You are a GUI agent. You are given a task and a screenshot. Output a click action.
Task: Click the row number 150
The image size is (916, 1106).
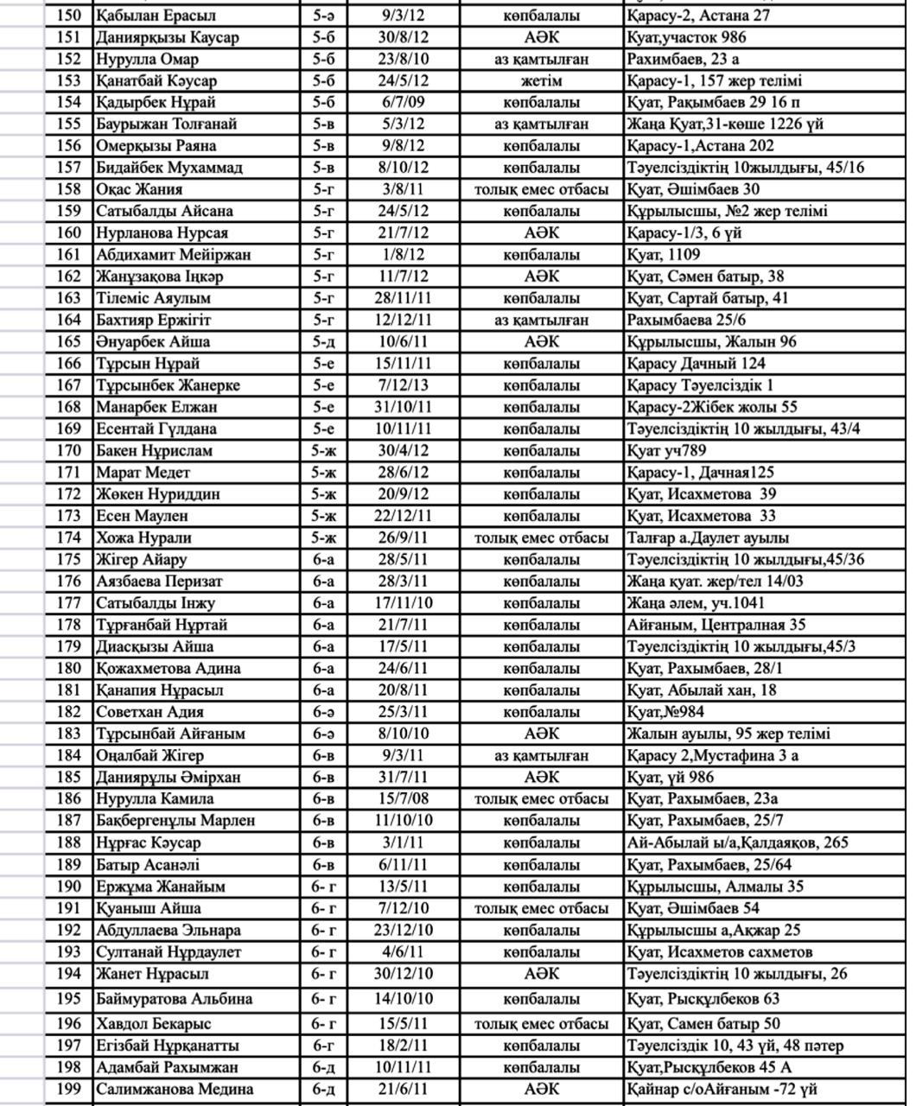click(67, 16)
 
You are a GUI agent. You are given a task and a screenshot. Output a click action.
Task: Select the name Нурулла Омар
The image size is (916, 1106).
click(147, 59)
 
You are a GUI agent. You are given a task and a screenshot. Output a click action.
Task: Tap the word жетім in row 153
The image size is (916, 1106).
click(541, 80)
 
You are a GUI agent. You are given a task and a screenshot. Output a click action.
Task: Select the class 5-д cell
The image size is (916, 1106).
click(323, 341)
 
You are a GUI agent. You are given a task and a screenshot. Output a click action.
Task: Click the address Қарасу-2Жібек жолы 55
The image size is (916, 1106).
click(712, 407)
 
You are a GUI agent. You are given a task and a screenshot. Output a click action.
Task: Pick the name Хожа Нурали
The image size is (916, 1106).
click(143, 537)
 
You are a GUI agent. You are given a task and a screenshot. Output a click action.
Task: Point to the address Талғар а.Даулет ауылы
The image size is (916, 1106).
click(708, 537)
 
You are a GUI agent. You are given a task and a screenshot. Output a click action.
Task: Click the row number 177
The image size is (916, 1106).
click(67, 603)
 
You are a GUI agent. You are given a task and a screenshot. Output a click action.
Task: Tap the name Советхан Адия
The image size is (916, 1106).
click(149, 712)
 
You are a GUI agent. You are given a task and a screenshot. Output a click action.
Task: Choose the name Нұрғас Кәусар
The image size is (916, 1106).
click(148, 842)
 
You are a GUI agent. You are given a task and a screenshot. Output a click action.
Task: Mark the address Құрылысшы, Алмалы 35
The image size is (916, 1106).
click(715, 886)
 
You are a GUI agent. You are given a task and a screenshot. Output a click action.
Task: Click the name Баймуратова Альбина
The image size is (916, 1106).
click(174, 998)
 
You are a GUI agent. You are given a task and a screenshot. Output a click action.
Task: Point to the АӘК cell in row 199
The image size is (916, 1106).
click(541, 1089)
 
